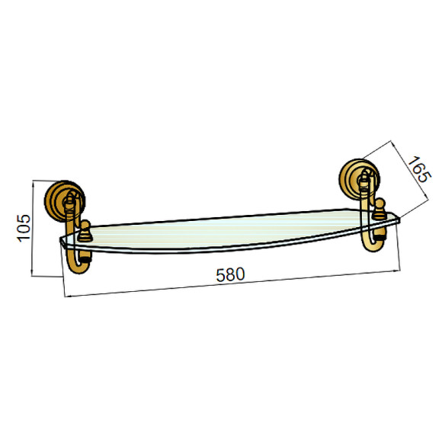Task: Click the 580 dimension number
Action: click(230, 274)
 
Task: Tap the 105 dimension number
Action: click(24, 228)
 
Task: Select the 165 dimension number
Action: click(419, 169)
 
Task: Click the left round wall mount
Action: click(65, 200)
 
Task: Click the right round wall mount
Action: click(359, 179)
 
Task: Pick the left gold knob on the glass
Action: click(85, 231)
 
